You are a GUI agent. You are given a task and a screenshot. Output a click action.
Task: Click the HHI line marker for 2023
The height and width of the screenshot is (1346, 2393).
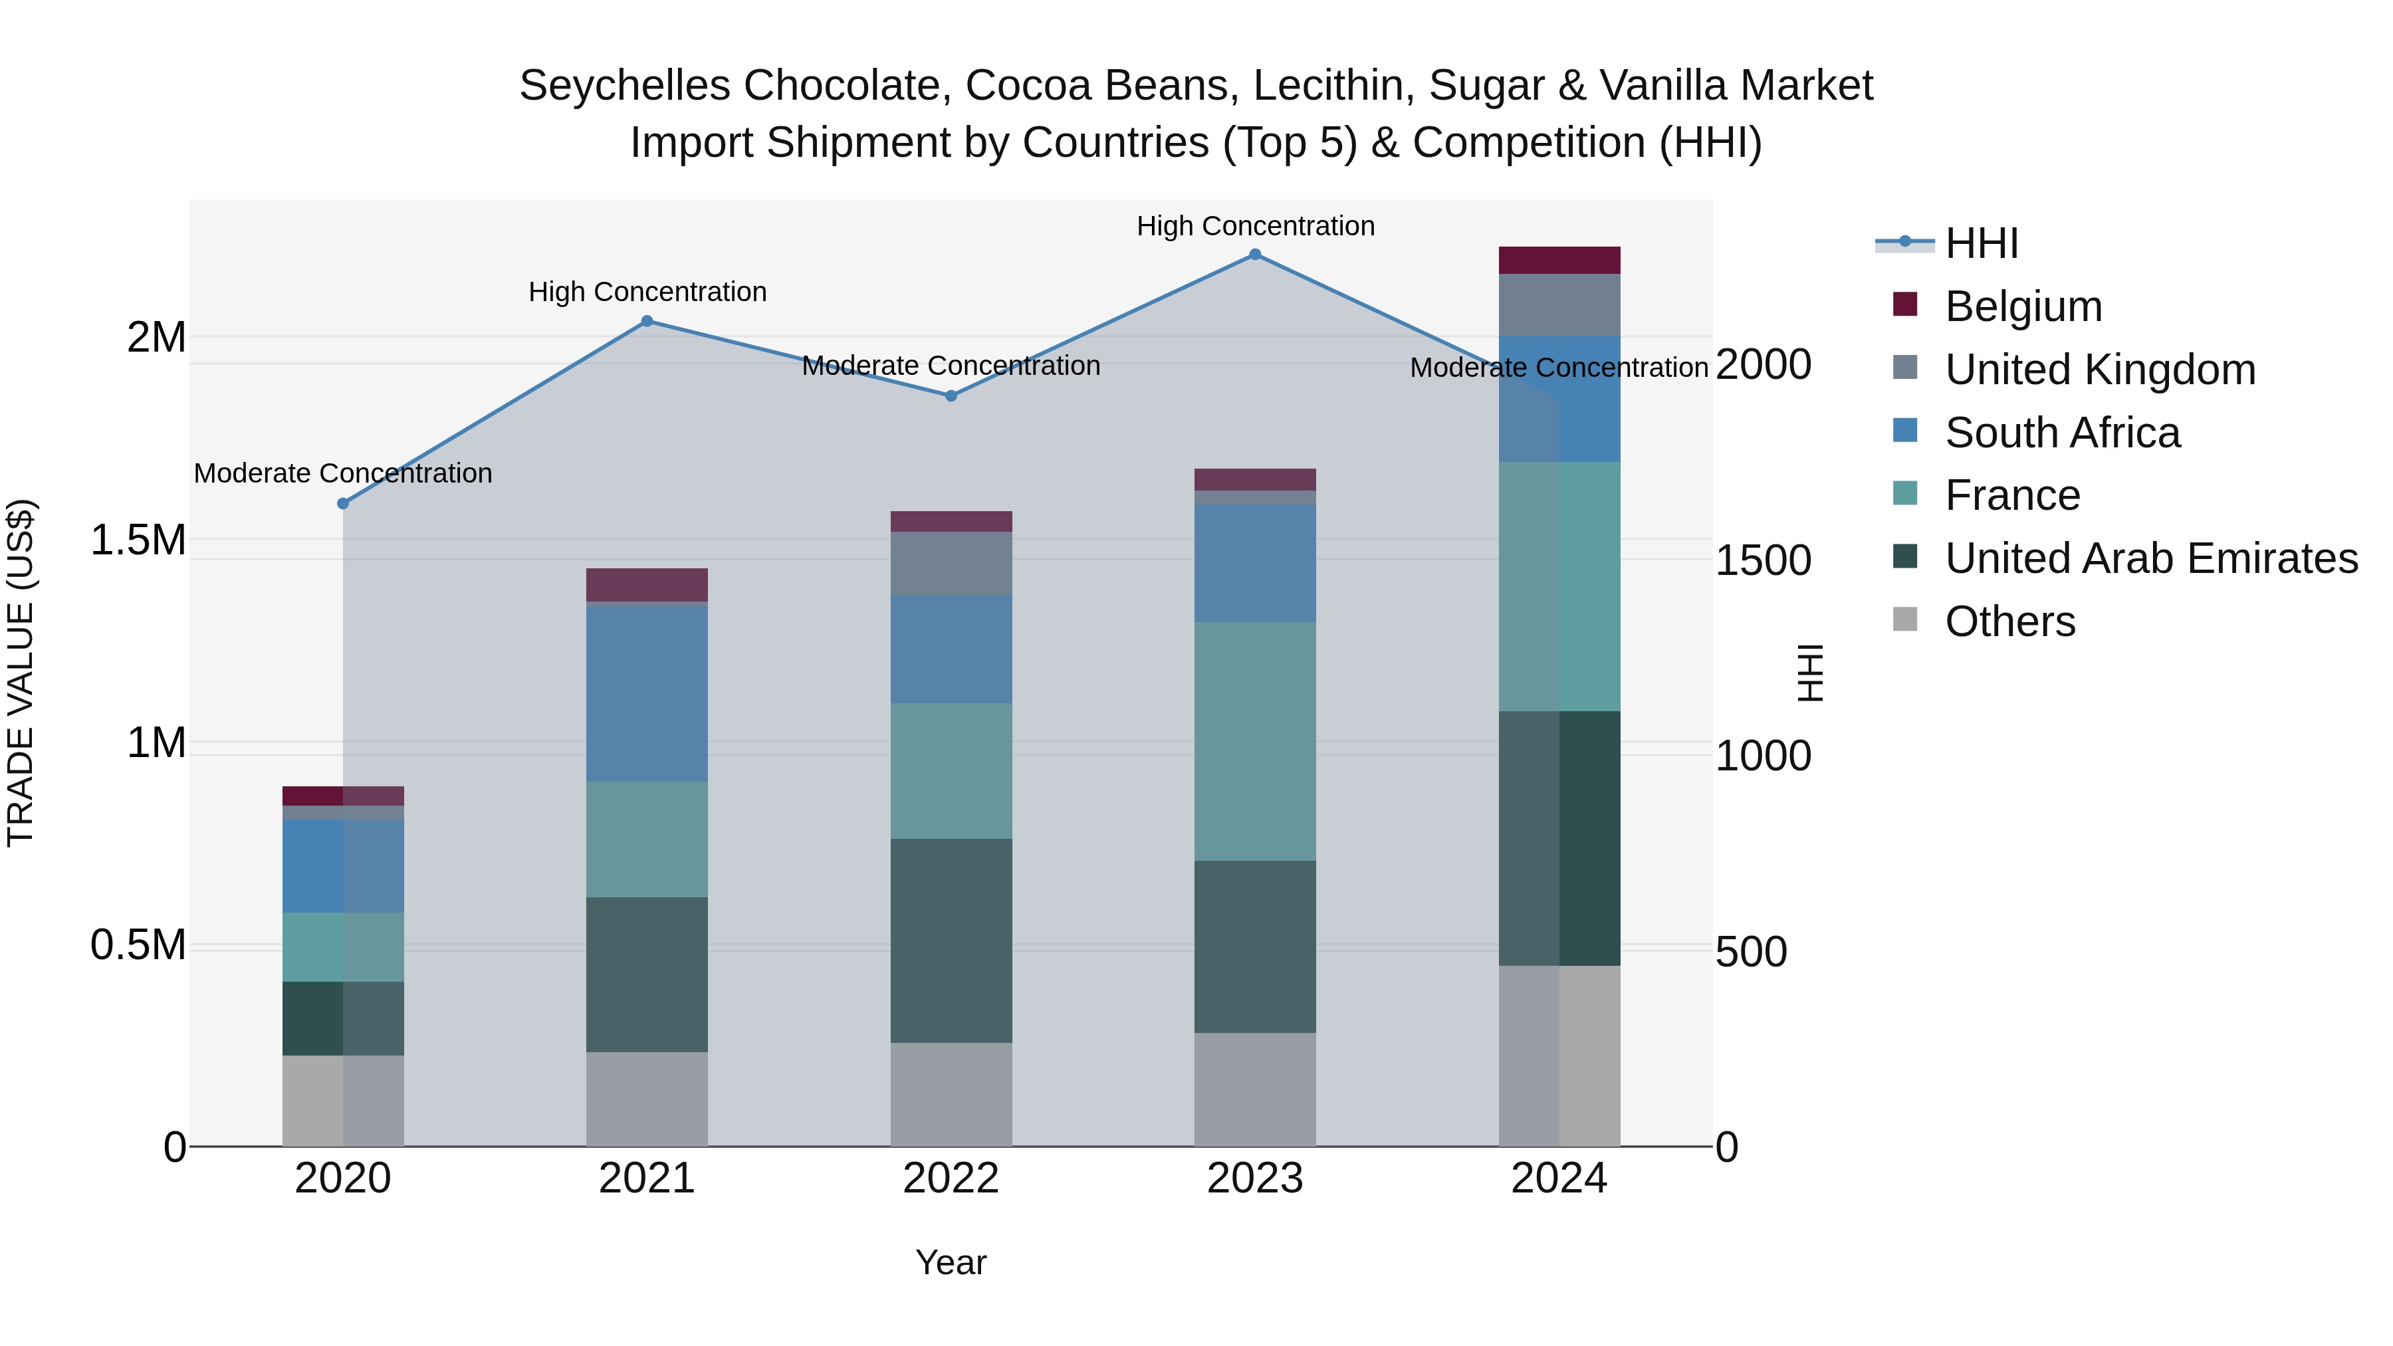tap(1255, 255)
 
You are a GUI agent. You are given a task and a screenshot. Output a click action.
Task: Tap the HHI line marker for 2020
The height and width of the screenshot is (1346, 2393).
tap(343, 503)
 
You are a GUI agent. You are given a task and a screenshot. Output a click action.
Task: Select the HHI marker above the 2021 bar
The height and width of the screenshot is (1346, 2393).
tap(647, 322)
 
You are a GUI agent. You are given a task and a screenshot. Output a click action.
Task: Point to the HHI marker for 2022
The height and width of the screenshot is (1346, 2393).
tap(951, 395)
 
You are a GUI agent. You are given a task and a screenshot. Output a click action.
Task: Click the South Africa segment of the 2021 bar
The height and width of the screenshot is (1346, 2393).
tap(647, 693)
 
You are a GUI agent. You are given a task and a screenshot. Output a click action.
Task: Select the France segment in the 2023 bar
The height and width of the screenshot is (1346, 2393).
tap(1255, 740)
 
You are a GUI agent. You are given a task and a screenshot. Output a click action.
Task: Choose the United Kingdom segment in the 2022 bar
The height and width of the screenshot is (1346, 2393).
tap(951, 563)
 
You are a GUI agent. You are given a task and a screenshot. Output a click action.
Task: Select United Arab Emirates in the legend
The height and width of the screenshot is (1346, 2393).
tap(2150, 558)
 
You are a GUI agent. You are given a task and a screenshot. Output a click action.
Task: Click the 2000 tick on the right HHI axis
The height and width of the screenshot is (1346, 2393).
tap(1762, 364)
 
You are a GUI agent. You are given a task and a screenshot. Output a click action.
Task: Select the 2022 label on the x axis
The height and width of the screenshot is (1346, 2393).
tap(951, 1178)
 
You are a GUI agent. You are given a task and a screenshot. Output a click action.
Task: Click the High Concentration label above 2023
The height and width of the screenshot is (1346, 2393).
tap(1255, 226)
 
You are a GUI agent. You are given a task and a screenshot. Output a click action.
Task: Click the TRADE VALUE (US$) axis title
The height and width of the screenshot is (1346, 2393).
tap(21, 673)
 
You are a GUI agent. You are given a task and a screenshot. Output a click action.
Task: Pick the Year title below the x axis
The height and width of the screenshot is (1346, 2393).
tap(951, 1262)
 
